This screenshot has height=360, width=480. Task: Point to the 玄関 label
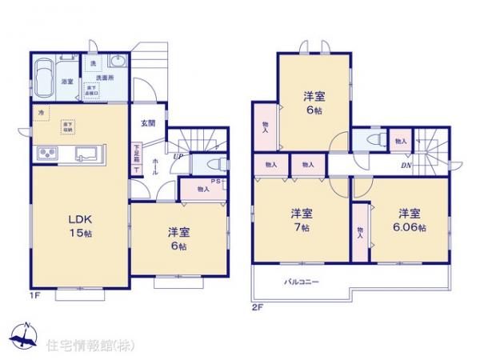[x=149, y=123]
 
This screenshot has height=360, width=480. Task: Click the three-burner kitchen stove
[x=46, y=154]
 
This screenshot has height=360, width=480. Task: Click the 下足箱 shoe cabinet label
[x=138, y=153]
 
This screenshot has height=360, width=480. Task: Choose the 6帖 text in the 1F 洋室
[x=178, y=247]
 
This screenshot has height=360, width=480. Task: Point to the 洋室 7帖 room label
[x=302, y=221]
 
